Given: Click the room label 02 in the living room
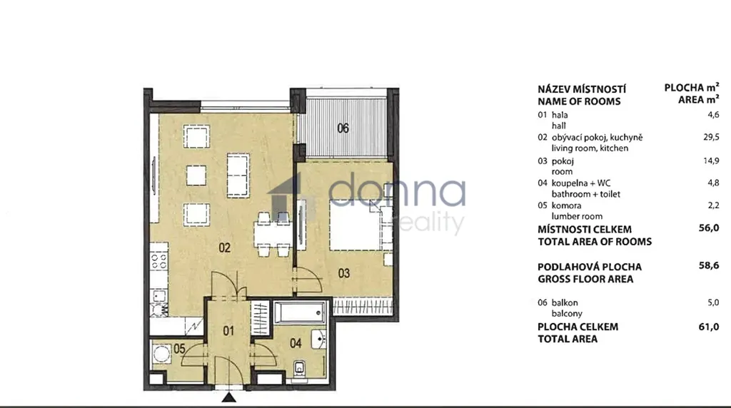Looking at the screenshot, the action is [x=225, y=248].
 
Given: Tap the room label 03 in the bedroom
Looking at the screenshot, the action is [x=343, y=273].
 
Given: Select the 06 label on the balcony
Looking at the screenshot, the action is [x=343, y=128].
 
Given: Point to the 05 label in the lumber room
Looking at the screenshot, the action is [x=179, y=348].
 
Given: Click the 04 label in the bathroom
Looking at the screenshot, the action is [x=296, y=343].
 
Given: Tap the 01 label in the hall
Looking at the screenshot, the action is [x=228, y=331].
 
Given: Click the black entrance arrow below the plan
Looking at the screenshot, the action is [x=229, y=397].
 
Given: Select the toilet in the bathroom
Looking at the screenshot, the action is [x=299, y=368].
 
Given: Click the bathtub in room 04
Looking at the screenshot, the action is [x=300, y=312].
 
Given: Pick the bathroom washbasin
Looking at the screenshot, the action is [x=319, y=339].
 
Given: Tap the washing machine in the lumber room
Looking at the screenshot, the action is [x=162, y=354].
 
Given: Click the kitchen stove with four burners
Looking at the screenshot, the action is [x=158, y=262].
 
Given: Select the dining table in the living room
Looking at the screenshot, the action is [x=272, y=234].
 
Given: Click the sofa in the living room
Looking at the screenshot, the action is [x=238, y=175].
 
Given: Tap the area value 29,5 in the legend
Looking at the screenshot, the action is [x=711, y=137].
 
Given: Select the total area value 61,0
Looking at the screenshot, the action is [x=709, y=327].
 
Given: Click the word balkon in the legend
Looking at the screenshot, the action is [x=565, y=302].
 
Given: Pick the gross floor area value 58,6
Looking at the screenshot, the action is [x=709, y=265].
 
